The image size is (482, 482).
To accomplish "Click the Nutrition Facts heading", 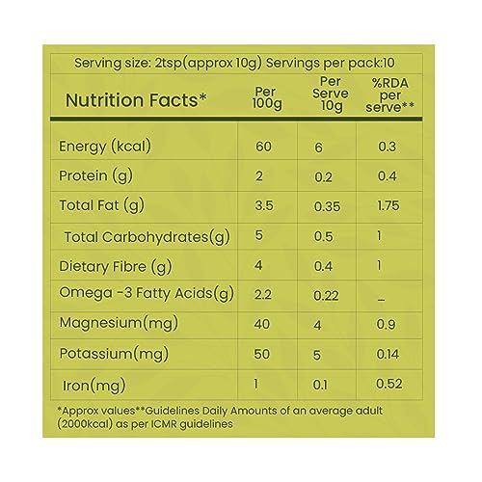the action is click(136, 100).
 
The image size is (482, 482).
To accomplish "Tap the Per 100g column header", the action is click(267, 98).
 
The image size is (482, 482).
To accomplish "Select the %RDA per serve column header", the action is click(389, 95).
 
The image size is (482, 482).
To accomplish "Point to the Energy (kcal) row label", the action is click(105, 147).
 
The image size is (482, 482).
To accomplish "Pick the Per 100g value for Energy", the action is click(263, 147).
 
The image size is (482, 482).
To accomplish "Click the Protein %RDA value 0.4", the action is click(387, 176).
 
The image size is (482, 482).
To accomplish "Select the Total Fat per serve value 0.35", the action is click(327, 206).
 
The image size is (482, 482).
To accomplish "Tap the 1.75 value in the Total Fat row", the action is click(388, 205).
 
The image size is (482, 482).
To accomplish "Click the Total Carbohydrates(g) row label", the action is click(147, 237).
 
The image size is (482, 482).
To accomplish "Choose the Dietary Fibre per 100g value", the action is click(258, 265).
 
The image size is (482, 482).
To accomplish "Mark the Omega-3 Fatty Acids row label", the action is click(147, 294).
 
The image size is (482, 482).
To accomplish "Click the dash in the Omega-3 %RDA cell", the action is click(381, 301).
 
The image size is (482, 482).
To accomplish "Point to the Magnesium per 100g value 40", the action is click(262, 324).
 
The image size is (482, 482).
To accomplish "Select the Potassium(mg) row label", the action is click(114, 355).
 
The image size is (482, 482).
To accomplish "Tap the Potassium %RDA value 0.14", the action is click(388, 354).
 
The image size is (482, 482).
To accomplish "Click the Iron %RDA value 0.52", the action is click(388, 384).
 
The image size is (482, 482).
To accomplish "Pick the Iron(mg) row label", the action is click(94, 386).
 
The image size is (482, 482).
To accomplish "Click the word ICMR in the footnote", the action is click(165, 424).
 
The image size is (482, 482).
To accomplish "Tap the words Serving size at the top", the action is click(113, 63).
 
